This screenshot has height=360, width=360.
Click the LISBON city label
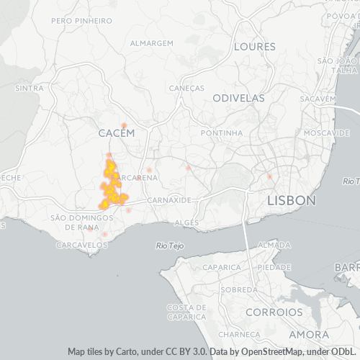coord(291,200)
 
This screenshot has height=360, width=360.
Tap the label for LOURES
coord(254,46)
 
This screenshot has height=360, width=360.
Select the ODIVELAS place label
coord(238,98)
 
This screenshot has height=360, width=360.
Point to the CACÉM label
coord(117,134)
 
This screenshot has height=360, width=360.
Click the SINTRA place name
coord(30,88)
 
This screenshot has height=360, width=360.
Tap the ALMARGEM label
coord(152,43)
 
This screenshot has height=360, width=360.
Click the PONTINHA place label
coord(222,133)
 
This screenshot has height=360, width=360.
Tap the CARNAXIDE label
coord(168,199)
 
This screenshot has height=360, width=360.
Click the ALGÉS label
coord(186,223)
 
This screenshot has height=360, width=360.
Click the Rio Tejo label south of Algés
coord(170,246)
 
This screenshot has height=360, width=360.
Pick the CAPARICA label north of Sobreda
coord(222,267)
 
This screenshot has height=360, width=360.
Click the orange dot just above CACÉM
coord(124,125)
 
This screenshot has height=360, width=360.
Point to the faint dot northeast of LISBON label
coord(270,176)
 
